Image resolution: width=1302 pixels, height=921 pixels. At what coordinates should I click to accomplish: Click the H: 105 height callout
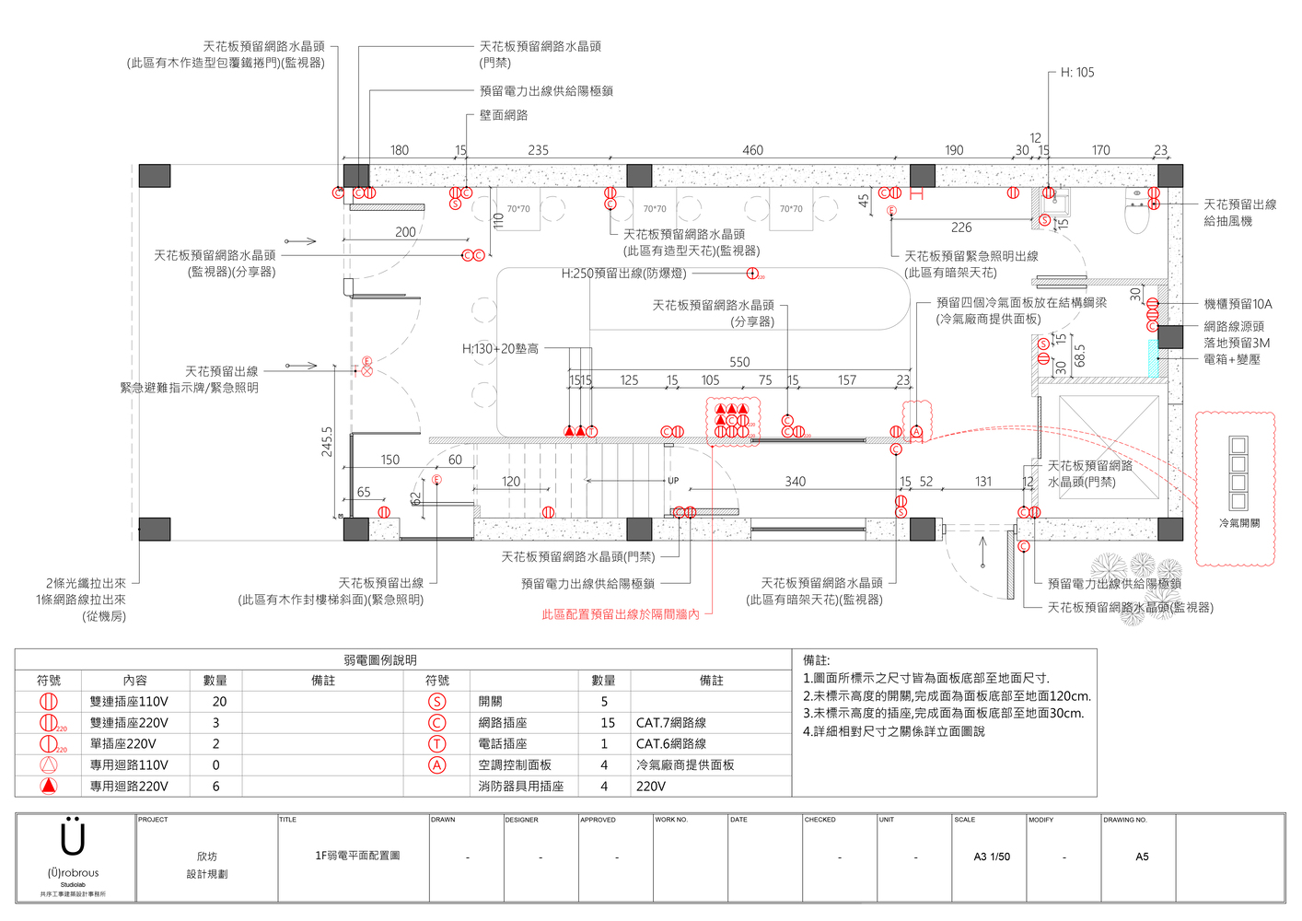[x=1077, y=73]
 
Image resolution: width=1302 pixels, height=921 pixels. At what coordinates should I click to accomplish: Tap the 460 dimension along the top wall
[x=752, y=150]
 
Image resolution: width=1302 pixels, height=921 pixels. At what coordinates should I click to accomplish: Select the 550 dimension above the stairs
[x=739, y=362]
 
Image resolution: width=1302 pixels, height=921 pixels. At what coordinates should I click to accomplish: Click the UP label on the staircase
[x=673, y=481]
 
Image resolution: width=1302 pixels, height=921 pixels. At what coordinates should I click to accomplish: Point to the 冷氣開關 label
[x=1239, y=523]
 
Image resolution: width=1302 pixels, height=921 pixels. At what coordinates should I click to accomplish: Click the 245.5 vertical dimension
[x=327, y=441]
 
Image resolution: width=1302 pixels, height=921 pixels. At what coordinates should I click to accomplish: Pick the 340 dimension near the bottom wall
[x=796, y=482]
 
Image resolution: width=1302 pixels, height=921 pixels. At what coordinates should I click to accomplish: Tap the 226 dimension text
[x=961, y=227]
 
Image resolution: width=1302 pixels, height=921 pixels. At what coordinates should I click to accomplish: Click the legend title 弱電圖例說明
[x=379, y=660]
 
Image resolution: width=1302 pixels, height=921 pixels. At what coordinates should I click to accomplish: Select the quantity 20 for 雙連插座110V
[x=219, y=702]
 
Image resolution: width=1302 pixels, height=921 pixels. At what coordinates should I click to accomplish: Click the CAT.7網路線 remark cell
[x=670, y=723]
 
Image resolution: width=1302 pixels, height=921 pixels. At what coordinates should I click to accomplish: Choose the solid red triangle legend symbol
[x=49, y=787]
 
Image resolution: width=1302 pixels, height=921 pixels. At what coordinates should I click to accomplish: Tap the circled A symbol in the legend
[x=437, y=765]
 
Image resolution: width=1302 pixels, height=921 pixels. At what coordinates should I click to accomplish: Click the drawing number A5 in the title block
[x=1142, y=857]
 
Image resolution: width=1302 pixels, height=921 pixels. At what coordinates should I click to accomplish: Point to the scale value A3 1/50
[x=992, y=857]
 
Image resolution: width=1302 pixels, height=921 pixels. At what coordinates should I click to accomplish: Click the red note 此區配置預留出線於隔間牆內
[x=620, y=614]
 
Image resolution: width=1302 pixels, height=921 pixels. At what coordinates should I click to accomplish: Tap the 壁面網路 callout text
[x=504, y=115]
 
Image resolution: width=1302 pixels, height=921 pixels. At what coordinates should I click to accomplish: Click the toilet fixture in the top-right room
[x=1137, y=213]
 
